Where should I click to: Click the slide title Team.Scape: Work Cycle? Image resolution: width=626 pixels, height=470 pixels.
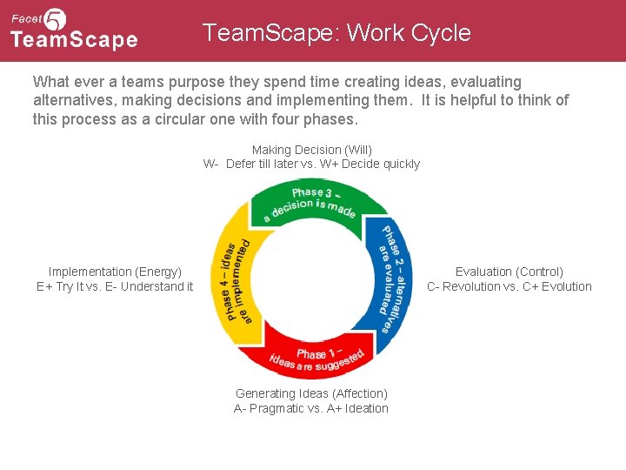336,33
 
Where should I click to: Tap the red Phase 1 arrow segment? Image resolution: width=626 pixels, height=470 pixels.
316,352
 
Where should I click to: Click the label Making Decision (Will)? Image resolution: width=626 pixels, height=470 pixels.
311,150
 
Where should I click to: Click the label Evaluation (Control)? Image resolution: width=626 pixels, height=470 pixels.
509,272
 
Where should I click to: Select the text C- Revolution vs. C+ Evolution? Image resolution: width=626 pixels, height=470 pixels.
509,286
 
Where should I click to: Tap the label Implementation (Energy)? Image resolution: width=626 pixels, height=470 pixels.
115,272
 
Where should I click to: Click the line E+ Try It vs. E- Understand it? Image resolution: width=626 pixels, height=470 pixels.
115,286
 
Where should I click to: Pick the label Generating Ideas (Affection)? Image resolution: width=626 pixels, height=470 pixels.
311,393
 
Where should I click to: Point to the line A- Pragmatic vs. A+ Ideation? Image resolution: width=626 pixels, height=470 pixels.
311,408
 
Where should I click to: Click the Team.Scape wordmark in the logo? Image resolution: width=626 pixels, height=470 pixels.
74,40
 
